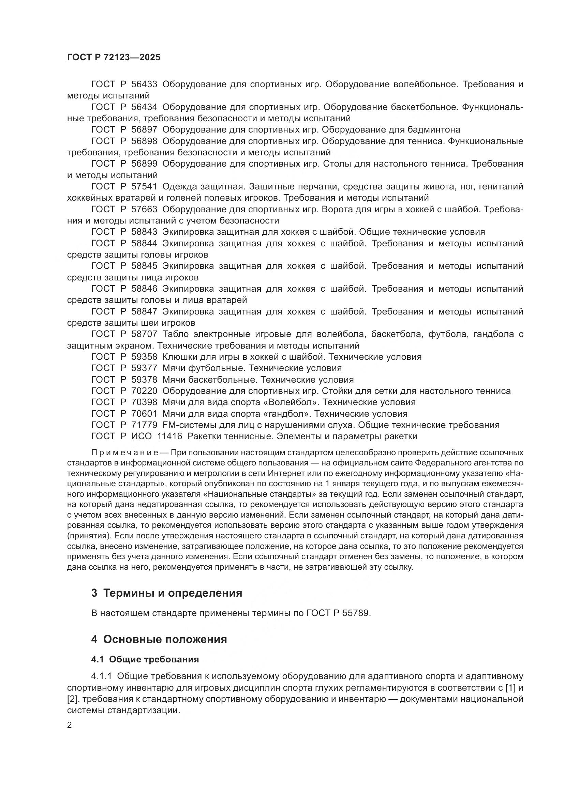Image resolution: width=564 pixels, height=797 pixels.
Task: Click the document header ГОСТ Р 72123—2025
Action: (x=114, y=58)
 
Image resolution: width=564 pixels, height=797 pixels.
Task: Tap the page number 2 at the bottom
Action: (x=70, y=725)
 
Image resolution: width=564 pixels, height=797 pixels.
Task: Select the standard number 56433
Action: (x=144, y=85)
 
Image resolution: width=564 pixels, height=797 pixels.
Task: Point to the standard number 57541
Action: (x=144, y=187)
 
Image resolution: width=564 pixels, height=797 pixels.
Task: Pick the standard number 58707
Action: (x=144, y=334)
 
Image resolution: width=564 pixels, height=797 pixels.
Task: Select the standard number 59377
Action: (x=144, y=368)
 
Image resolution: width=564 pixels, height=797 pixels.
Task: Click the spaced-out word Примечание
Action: (x=125, y=453)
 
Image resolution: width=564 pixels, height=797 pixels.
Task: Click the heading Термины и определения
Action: (x=173, y=593)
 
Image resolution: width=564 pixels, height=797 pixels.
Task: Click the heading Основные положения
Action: (x=165, y=639)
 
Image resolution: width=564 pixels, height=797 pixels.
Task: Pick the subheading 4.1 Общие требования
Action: (x=145, y=660)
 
